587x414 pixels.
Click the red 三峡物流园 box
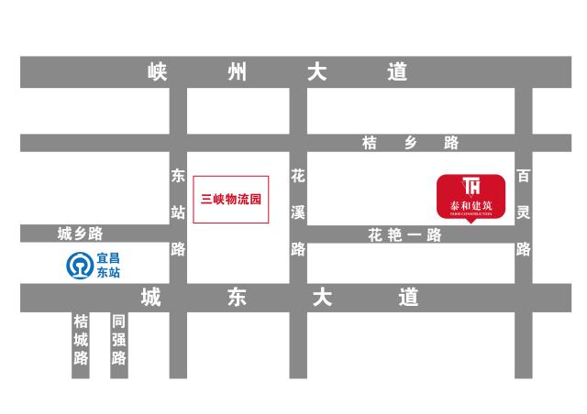point(230,199)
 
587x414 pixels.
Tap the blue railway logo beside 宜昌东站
point(79,266)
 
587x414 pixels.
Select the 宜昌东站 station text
point(108,266)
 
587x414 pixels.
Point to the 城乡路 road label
point(81,234)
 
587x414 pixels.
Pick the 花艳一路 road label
point(404,235)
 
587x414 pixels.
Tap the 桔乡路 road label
point(410,143)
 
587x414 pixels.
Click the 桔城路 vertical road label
point(82,340)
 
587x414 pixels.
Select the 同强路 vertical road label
point(118,340)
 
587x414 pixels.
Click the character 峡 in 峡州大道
point(158,72)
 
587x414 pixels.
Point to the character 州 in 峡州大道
point(238,72)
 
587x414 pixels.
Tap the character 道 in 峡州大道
point(397,72)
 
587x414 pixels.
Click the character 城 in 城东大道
point(151,298)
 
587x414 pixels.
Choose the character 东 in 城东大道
point(237,298)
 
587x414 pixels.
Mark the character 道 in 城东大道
point(408,298)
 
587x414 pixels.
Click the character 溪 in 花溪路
point(298,212)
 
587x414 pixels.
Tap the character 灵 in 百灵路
point(524,212)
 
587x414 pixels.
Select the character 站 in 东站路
point(178,212)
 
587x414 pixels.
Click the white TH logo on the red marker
point(471,185)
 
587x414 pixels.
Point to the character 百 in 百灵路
point(524,176)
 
